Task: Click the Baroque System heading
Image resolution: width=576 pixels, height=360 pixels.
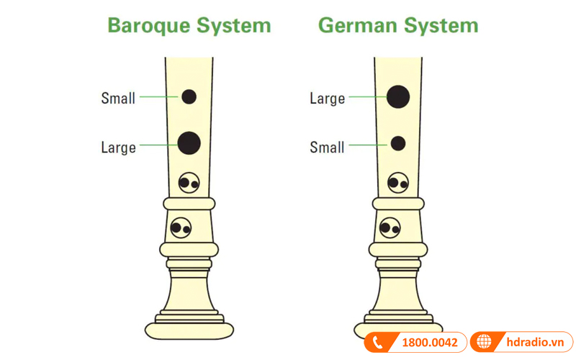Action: [189, 26]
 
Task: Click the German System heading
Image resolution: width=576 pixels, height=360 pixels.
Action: [397, 26]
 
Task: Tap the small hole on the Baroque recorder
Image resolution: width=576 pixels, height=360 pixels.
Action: [189, 96]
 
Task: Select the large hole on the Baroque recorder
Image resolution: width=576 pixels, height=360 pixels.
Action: [189, 143]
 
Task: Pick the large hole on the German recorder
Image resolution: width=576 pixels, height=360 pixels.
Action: [398, 95]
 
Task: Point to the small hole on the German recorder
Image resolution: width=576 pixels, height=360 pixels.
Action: [397, 144]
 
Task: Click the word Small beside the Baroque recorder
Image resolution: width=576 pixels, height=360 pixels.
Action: [118, 99]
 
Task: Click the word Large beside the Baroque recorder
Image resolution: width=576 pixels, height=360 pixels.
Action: [118, 148]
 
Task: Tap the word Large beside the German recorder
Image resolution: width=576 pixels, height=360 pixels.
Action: [328, 99]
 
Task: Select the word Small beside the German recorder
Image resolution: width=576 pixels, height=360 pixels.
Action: [328, 148]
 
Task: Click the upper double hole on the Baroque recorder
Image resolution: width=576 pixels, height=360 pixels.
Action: [189, 184]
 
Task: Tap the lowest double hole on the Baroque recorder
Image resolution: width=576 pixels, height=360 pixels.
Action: [181, 228]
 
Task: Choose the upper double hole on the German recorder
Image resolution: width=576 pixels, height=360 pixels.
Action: [398, 184]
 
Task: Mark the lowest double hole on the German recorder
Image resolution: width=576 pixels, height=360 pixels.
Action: [390, 228]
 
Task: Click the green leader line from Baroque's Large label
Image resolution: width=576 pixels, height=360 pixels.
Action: [158, 145]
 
